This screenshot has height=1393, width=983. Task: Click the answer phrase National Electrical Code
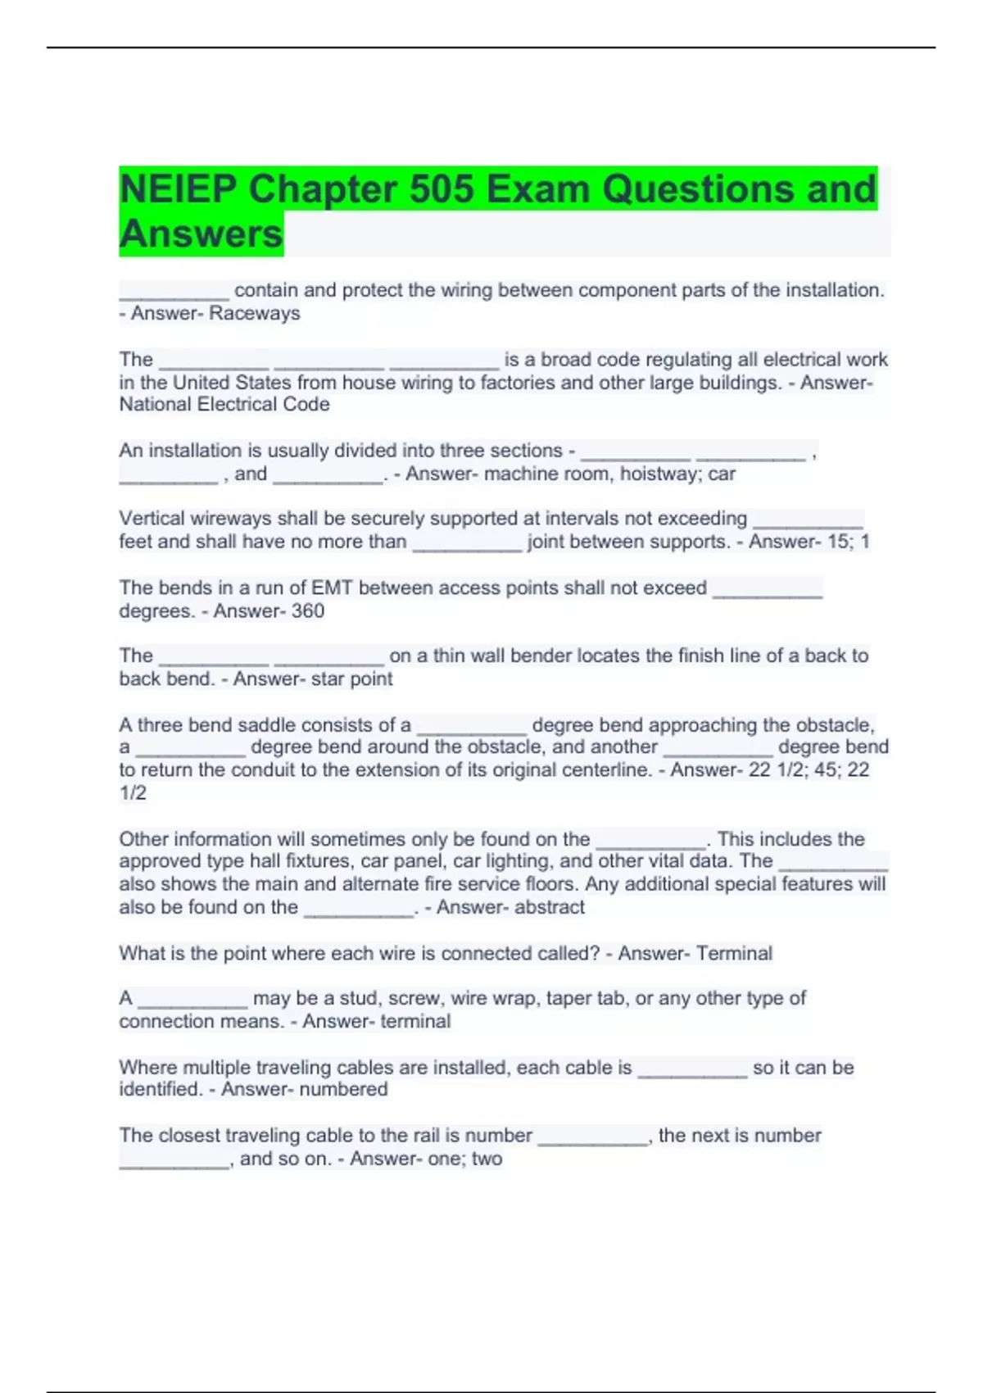tap(224, 404)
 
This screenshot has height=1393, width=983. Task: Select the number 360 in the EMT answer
tap(308, 610)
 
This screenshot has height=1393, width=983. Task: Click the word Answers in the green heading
tap(201, 234)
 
